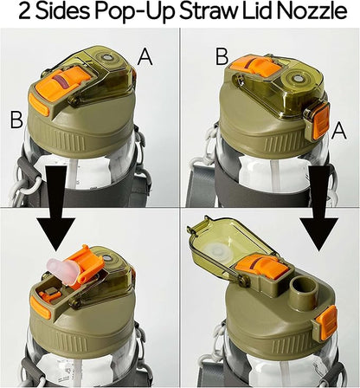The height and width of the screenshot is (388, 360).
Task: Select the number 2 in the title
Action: [x=25, y=12]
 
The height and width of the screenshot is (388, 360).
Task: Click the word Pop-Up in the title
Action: [x=135, y=13]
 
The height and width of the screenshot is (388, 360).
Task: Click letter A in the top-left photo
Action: [x=145, y=57]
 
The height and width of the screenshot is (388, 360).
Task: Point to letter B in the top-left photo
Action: [x=16, y=120]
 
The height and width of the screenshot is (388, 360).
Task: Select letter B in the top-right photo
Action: [x=222, y=56]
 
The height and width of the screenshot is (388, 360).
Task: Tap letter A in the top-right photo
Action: [x=339, y=131]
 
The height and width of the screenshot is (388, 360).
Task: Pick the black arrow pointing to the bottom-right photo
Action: [x=319, y=209]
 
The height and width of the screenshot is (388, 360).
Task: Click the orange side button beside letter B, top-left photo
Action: [x=39, y=105]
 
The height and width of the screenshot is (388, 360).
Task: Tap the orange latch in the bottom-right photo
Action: [x=327, y=322]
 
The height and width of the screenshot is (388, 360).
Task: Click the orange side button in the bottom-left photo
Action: [x=40, y=308]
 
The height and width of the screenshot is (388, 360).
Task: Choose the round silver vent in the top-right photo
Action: [x=296, y=78]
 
